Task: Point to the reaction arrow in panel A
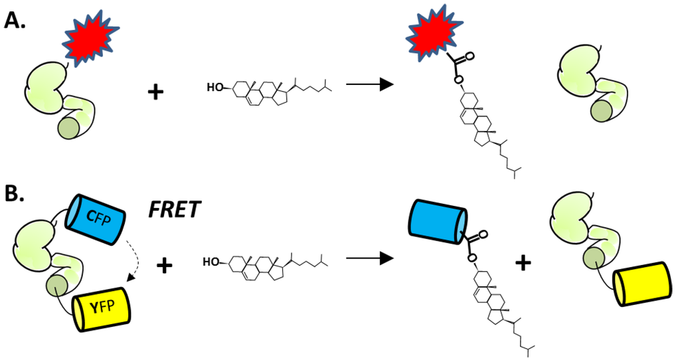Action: [x=369, y=85]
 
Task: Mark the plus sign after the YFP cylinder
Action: [x=163, y=267]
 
